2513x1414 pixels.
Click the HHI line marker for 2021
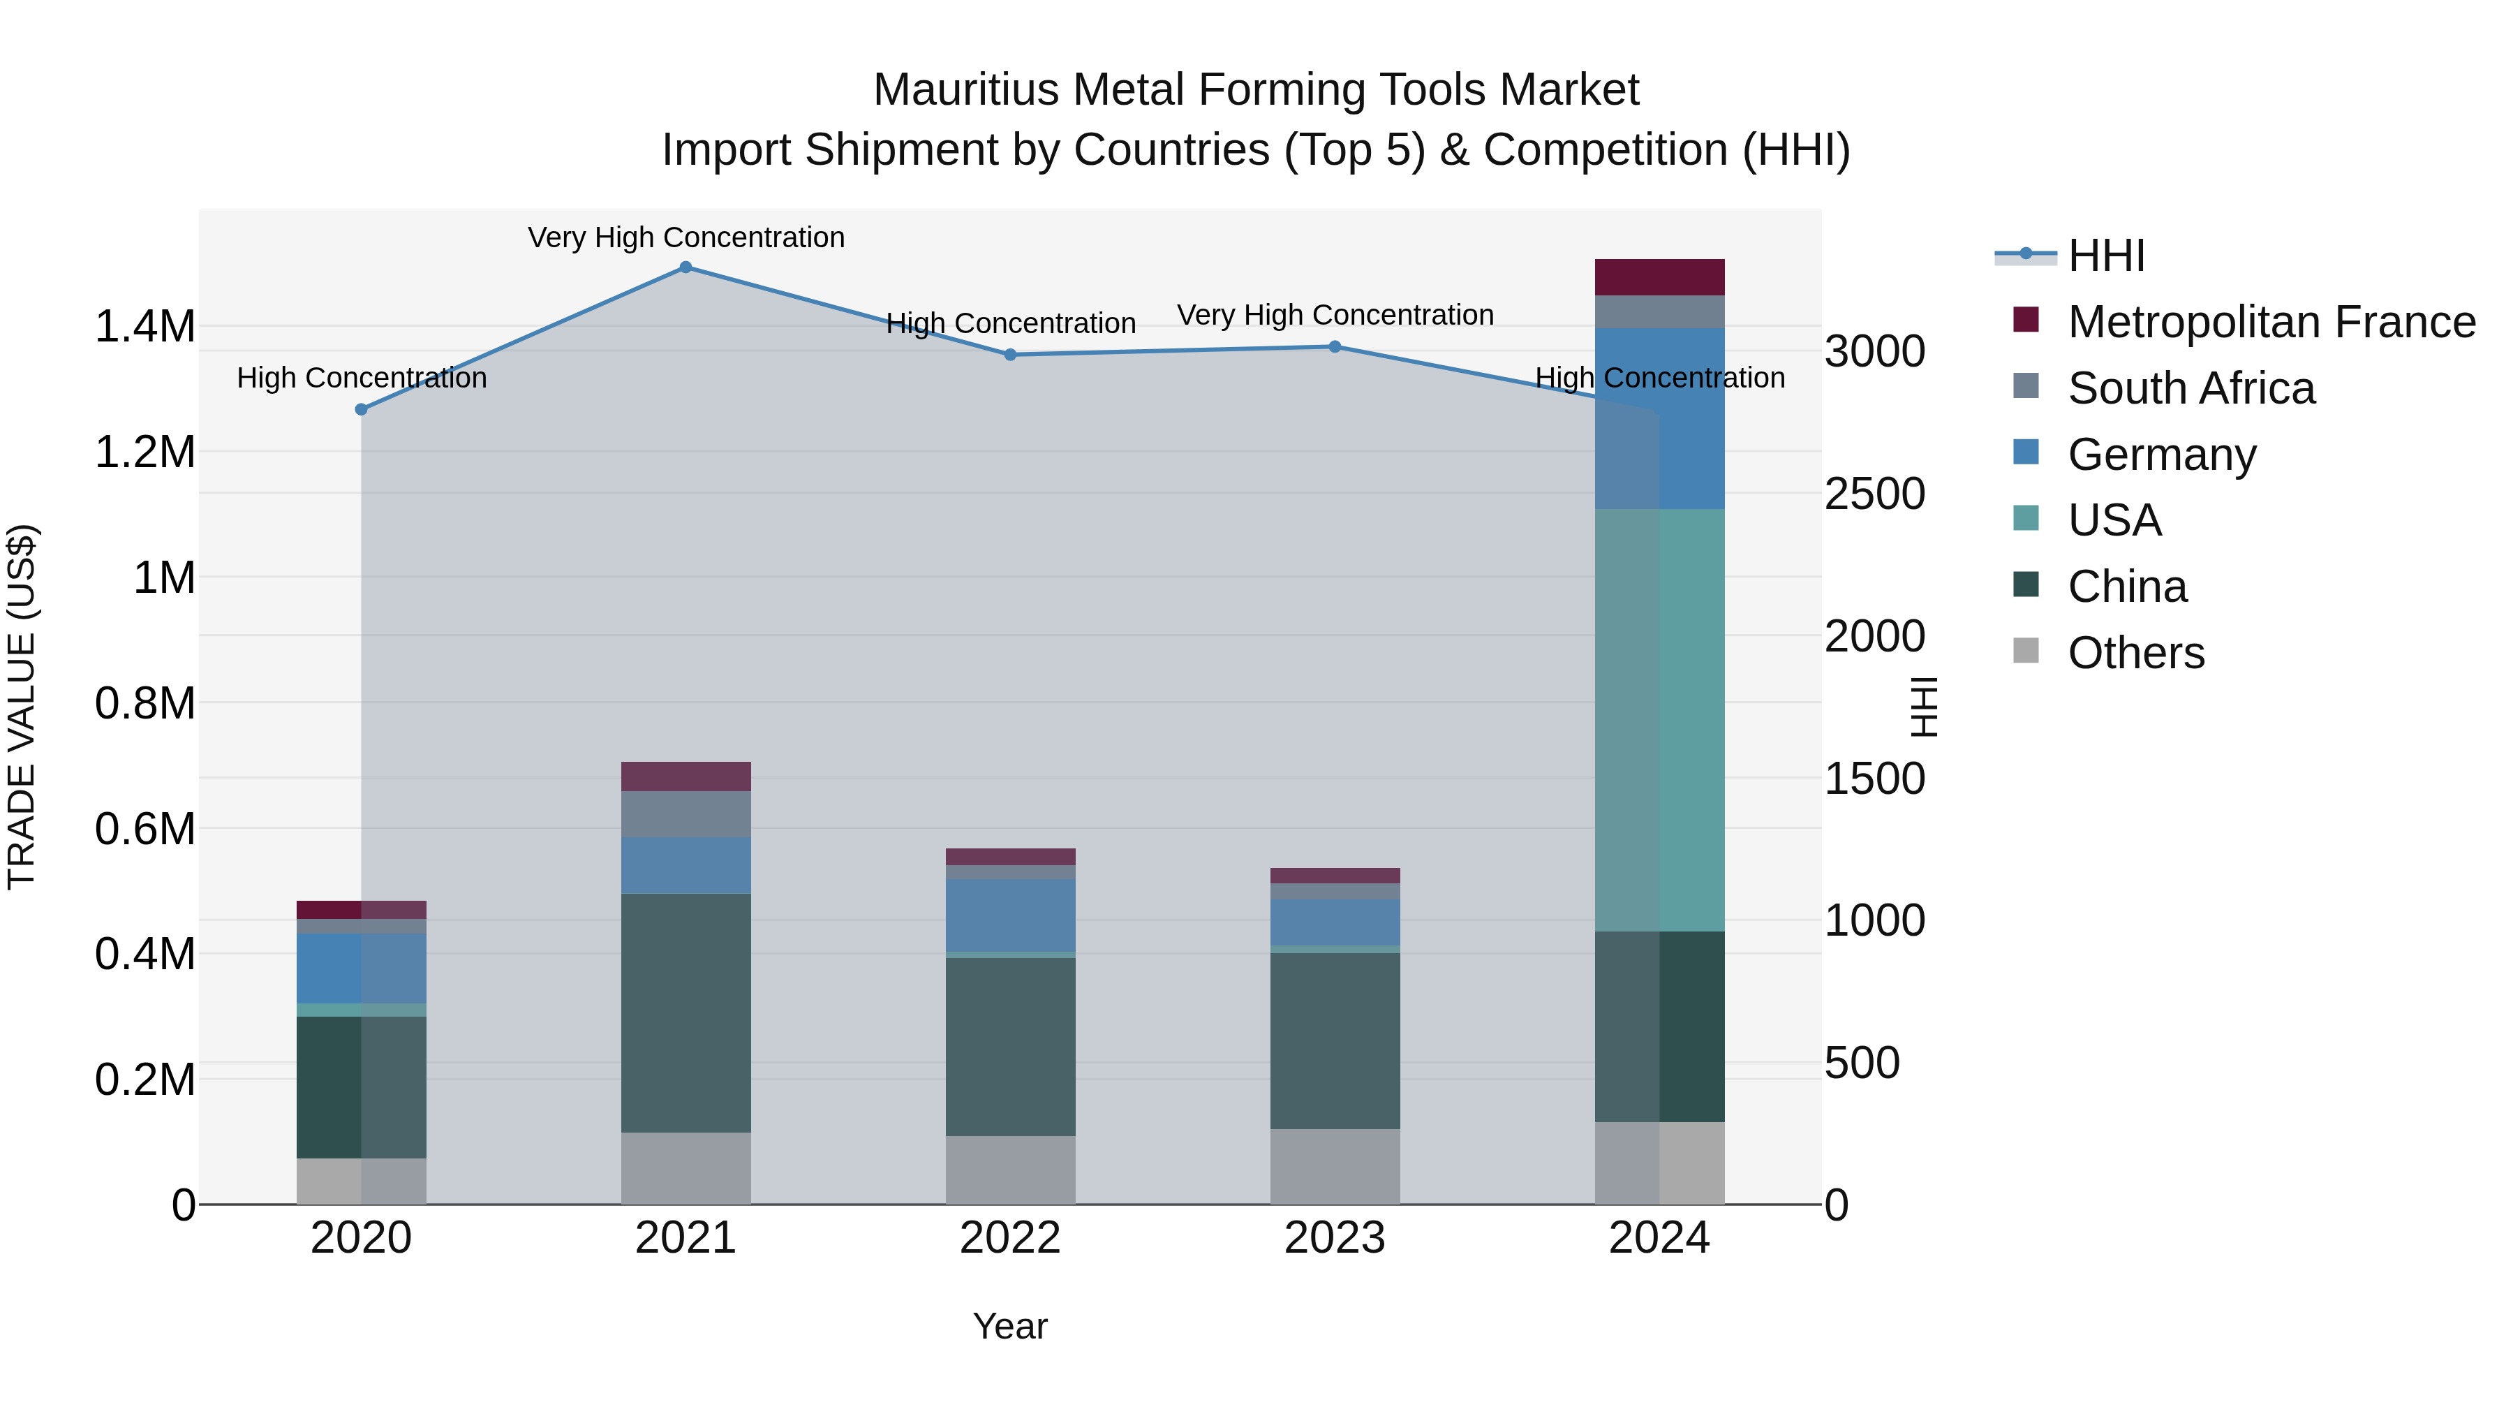(x=685, y=267)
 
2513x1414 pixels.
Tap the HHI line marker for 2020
(x=361, y=410)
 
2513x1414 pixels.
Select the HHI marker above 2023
(x=1335, y=346)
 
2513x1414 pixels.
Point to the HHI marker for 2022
(x=1011, y=355)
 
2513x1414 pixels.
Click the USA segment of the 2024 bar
(x=1659, y=720)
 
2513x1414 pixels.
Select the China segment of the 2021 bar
(x=685, y=1013)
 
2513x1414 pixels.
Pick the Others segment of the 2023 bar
(x=1335, y=1167)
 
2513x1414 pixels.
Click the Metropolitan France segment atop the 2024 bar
(x=1659, y=277)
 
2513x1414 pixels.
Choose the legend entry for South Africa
(x=2190, y=388)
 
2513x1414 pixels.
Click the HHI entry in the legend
(x=2105, y=256)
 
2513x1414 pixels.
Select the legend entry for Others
(x=2135, y=653)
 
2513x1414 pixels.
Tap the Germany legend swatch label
(x=2160, y=455)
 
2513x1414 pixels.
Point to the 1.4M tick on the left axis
(x=144, y=326)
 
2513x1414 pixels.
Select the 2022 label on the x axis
(x=1011, y=1238)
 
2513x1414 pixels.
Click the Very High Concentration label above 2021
(x=685, y=237)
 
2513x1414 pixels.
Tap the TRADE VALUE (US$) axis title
(x=22, y=707)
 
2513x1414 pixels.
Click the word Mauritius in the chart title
(x=966, y=90)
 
